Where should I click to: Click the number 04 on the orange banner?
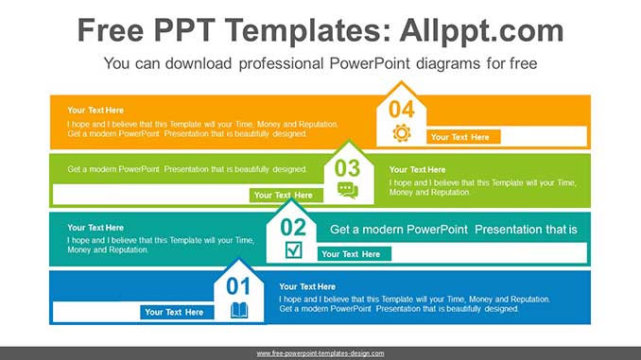(402, 110)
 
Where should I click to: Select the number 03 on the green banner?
(348, 168)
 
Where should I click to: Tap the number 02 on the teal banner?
(293, 227)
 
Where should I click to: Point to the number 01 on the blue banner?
(238, 286)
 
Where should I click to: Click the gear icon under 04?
(402, 133)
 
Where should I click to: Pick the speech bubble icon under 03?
(348, 191)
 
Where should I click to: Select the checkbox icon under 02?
(294, 249)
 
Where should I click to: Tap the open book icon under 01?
(239, 309)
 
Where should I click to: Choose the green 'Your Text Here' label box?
(283, 196)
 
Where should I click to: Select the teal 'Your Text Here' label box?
(351, 253)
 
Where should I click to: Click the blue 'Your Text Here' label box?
(174, 312)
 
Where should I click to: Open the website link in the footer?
(320, 353)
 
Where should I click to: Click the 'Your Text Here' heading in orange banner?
(95, 111)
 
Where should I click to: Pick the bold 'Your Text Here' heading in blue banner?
(307, 286)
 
